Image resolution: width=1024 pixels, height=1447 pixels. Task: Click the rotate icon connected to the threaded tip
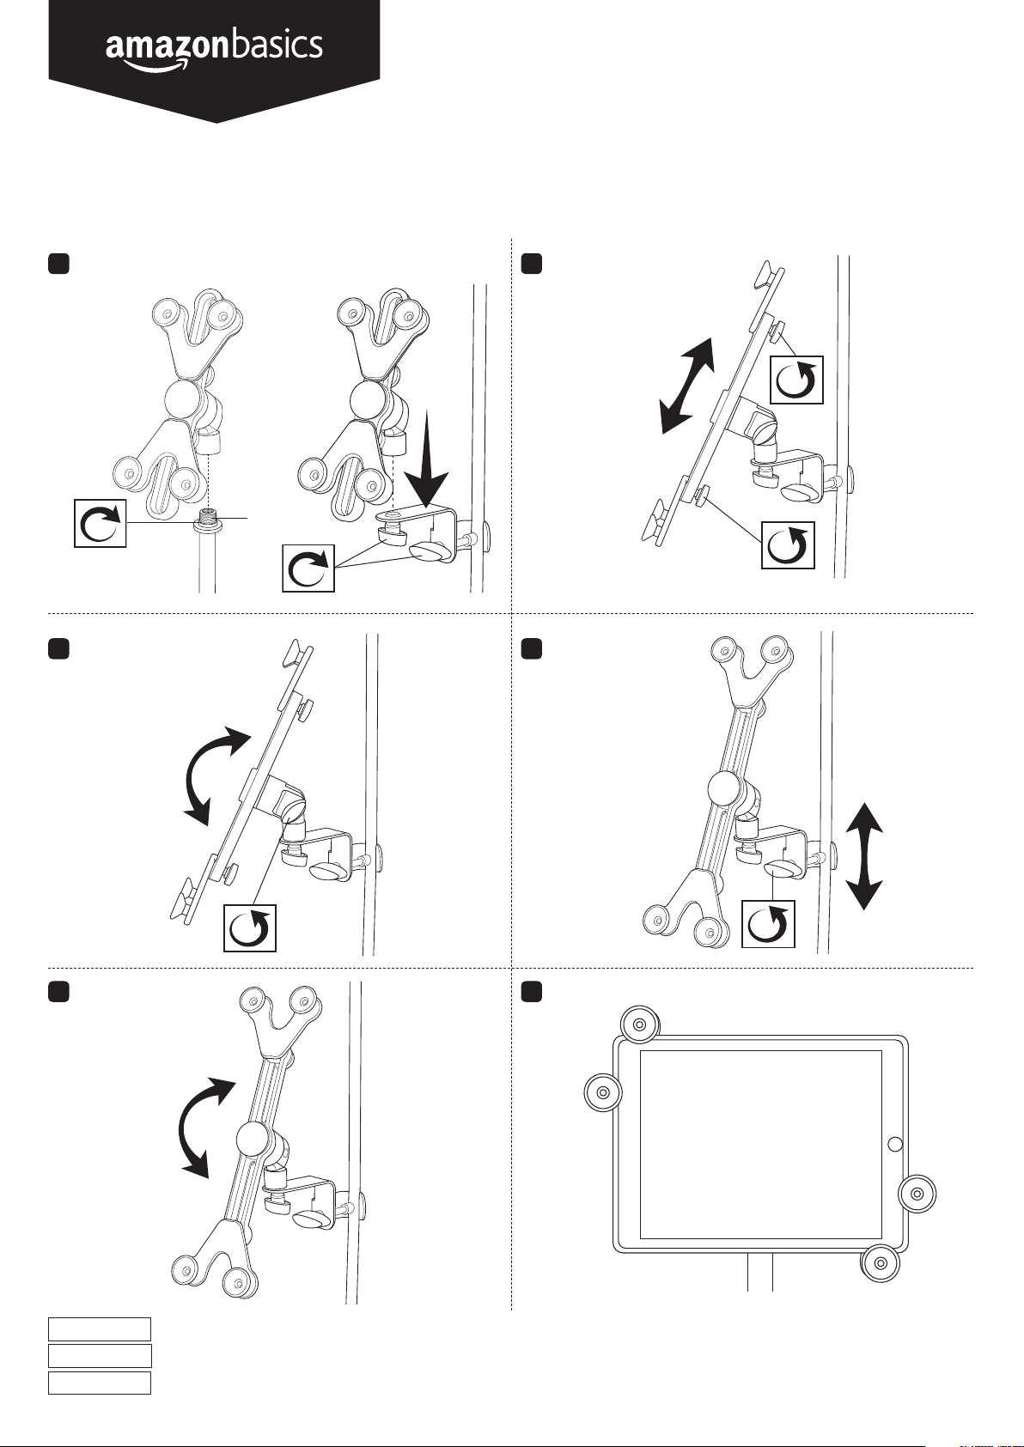pyautogui.click(x=101, y=522)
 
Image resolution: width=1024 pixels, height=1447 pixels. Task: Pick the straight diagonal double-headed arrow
pyautogui.click(x=687, y=386)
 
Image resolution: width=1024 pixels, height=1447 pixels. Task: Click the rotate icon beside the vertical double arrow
pyautogui.click(x=768, y=924)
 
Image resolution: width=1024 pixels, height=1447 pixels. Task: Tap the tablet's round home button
pyautogui.click(x=894, y=1144)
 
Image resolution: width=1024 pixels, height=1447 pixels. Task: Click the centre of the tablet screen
pyautogui.click(x=761, y=1144)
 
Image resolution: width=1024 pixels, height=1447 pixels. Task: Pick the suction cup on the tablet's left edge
pyautogui.click(x=603, y=1093)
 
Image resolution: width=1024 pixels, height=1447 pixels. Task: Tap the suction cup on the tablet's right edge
pyautogui.click(x=917, y=1193)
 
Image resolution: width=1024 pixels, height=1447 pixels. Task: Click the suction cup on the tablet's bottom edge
pyautogui.click(x=881, y=1262)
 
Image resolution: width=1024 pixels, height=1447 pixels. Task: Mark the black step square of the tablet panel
pyautogui.click(x=533, y=992)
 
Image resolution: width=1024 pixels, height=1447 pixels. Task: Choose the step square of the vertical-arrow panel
pyautogui.click(x=533, y=648)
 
